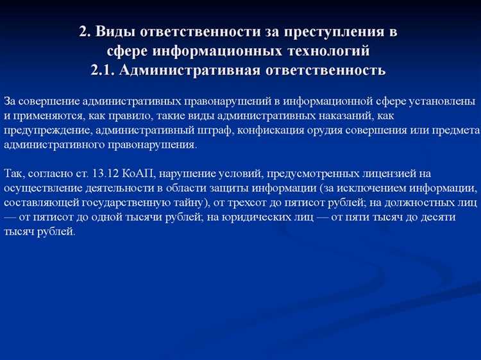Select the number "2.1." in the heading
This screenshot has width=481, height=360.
tap(104, 69)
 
